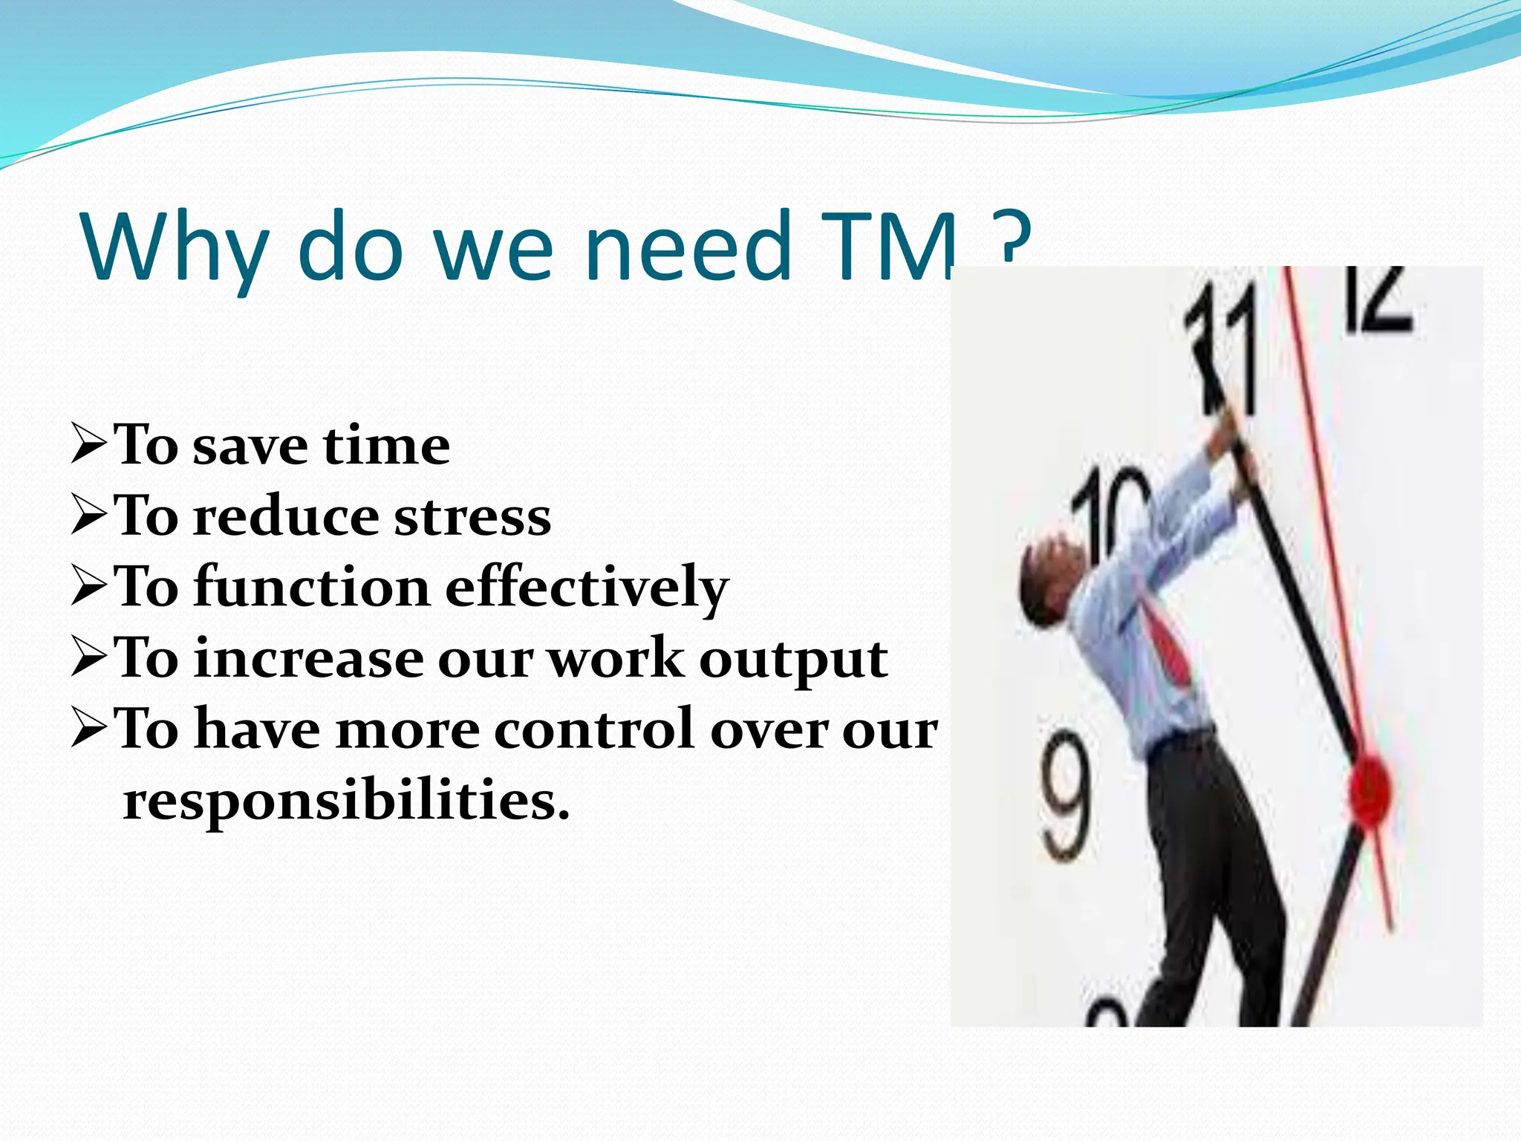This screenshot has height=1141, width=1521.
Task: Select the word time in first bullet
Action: point(386,446)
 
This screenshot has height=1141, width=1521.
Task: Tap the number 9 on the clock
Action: point(1066,795)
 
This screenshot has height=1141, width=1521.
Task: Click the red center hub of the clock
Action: point(1368,791)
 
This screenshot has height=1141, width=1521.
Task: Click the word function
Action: point(312,587)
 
